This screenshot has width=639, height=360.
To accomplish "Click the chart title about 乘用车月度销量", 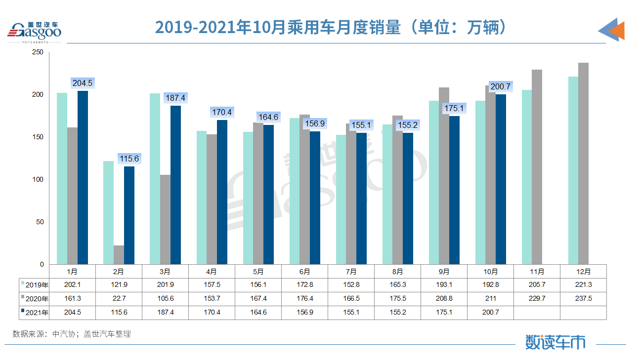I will [x=331, y=28].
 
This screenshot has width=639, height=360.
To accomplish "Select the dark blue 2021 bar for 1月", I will [x=83, y=177].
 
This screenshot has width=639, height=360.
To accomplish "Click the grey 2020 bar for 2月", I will [x=119, y=255].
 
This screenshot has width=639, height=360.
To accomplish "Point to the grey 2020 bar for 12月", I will [x=583, y=163].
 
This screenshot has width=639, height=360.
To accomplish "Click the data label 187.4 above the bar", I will [x=176, y=98].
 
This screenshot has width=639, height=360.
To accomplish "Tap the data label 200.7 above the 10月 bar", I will [x=500, y=86].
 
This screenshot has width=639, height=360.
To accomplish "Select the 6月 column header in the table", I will [x=304, y=272].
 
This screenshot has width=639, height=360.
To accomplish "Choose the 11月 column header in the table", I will [x=537, y=272].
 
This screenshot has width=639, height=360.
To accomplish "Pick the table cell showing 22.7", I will [x=119, y=299].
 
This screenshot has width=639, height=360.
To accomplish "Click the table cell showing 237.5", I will [x=583, y=299].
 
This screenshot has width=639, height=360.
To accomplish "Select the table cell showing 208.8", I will [x=444, y=299].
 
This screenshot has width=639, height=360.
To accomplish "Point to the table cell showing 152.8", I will [x=351, y=285].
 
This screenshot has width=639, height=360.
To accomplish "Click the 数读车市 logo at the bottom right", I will [x=555, y=342].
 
